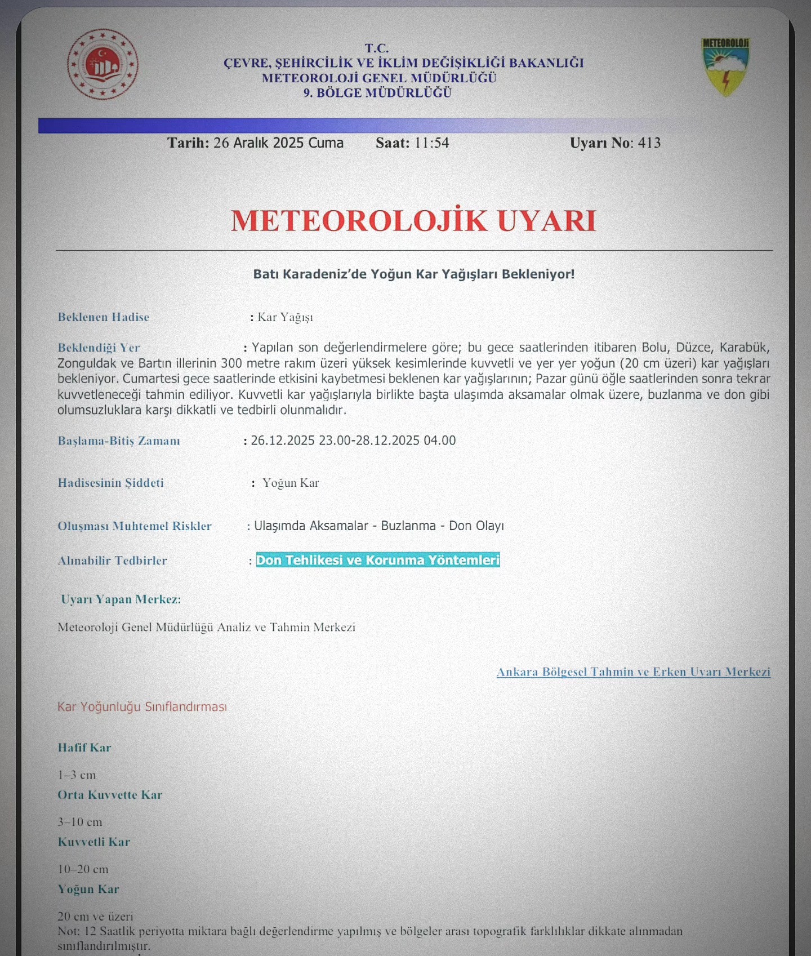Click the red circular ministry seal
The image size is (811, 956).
tap(103, 64)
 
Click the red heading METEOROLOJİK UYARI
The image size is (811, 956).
tap(413, 220)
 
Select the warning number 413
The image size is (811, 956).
tap(649, 143)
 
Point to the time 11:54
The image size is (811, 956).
tap(431, 143)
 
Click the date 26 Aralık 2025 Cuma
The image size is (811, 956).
tap(278, 143)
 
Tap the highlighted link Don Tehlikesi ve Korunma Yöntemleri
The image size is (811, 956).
tap(378, 560)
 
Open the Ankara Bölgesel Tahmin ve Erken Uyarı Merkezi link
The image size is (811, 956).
tap(633, 672)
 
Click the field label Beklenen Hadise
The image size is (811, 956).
tap(104, 317)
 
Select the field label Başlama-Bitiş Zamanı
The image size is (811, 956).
tap(119, 441)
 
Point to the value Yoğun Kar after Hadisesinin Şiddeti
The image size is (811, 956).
tap(291, 483)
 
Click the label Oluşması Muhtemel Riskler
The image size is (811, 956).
tap(135, 526)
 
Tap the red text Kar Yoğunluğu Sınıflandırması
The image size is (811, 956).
tap(142, 706)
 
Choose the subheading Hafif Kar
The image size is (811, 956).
tap(84, 748)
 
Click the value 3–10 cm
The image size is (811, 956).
tap(80, 822)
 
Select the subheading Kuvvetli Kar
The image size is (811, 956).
tap(94, 842)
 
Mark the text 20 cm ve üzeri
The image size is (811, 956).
tap(95, 917)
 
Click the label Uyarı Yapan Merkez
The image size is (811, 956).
tap(121, 599)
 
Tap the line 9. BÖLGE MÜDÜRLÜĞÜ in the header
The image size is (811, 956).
tap(377, 93)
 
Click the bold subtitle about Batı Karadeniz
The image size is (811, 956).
tap(414, 274)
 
